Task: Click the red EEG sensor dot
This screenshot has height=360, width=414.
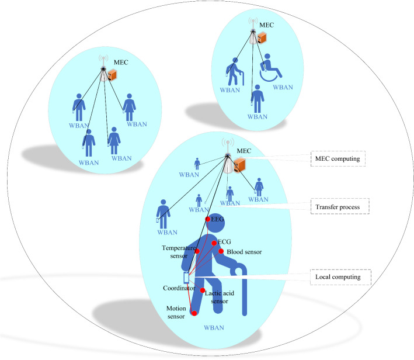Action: (x=208, y=219)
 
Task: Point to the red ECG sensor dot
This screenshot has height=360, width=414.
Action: (x=214, y=243)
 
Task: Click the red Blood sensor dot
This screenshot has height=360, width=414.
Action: (x=221, y=251)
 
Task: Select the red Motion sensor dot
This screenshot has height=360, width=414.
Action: (x=194, y=314)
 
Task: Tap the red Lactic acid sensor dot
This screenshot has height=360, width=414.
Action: (x=203, y=290)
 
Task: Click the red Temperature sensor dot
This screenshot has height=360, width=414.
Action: (x=197, y=251)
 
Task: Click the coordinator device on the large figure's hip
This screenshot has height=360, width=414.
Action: (x=186, y=277)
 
